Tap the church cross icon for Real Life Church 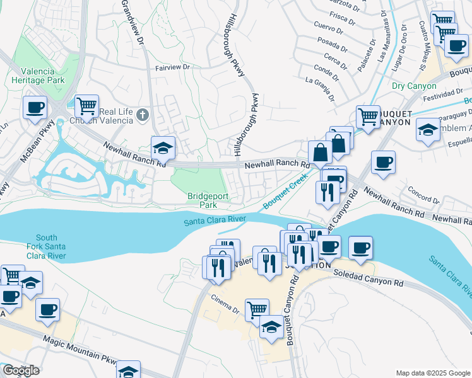(x=143, y=115)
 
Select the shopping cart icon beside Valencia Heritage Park (x=86, y=105)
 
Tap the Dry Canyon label (x=414, y=86)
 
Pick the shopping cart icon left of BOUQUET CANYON (x=367, y=116)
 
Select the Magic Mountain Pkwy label (x=80, y=350)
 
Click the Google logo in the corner (x=20, y=370)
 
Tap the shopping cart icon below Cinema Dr (x=257, y=309)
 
